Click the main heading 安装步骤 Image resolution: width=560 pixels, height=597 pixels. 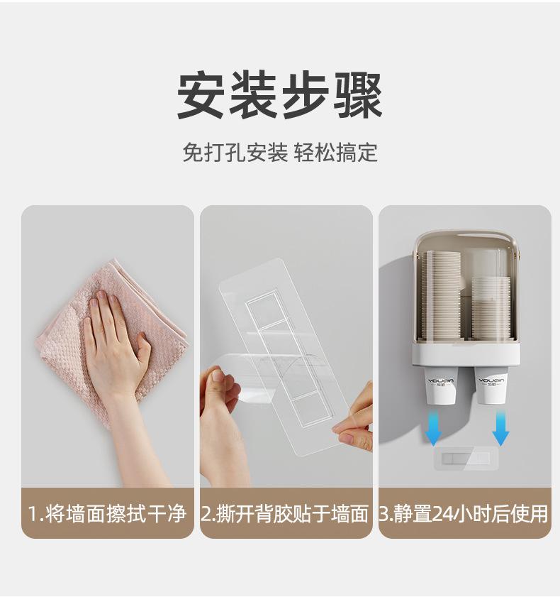(280, 95)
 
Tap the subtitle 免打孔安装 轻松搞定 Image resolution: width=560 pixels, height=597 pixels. (280, 153)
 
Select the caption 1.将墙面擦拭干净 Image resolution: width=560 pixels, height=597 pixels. (107, 513)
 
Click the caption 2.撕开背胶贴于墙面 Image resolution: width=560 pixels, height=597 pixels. (285, 513)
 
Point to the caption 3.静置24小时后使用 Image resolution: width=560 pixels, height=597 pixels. (464, 513)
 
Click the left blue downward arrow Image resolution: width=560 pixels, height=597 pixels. (433, 427)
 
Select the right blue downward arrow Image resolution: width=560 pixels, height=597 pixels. (500, 427)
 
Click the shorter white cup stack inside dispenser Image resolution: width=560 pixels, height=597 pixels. (491, 307)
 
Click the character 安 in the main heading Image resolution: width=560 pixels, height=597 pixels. (201, 95)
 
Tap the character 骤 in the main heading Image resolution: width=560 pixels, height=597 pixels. (358, 95)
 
